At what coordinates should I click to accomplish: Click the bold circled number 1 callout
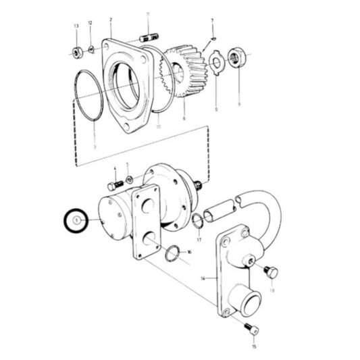pos(76,221)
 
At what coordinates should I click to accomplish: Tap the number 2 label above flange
pos(110,21)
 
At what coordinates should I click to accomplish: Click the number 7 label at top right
pos(212,21)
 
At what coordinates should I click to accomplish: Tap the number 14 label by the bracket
pos(202,278)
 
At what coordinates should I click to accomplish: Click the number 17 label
pos(199,239)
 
